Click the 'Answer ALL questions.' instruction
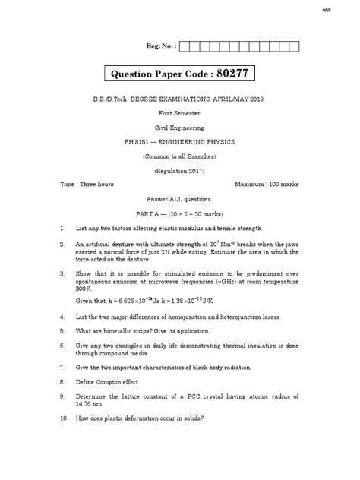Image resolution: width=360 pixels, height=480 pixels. tap(179, 199)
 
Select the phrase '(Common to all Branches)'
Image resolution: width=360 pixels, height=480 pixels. tap(179, 156)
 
